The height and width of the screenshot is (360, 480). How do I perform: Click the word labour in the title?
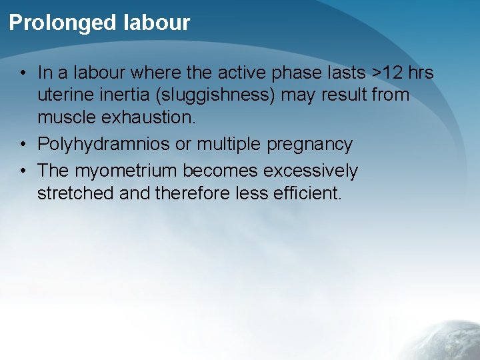pos(157,23)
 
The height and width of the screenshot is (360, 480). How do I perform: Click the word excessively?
pos(311,171)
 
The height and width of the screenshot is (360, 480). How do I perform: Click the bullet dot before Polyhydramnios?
pos(23,145)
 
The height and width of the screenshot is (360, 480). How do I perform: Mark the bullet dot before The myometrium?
pos(23,171)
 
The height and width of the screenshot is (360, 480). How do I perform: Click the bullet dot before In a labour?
pos(23,73)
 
